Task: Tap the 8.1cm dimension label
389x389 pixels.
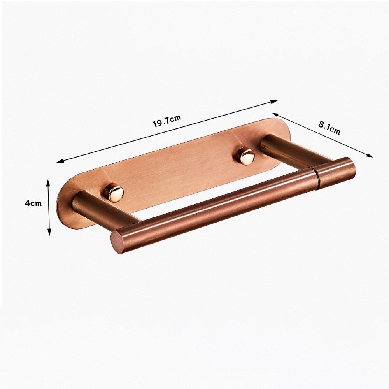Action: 329,127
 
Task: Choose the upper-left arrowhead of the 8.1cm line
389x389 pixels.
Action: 275,114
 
